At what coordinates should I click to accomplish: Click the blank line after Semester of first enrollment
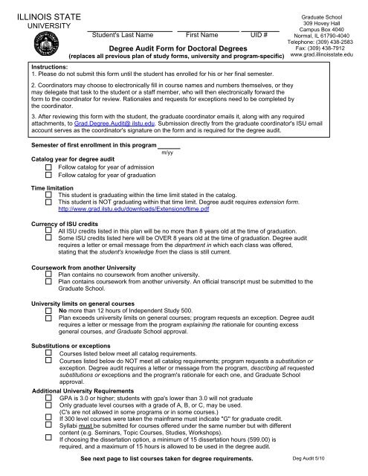pos(167,144)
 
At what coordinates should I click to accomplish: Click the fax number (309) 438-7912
pos(327,46)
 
